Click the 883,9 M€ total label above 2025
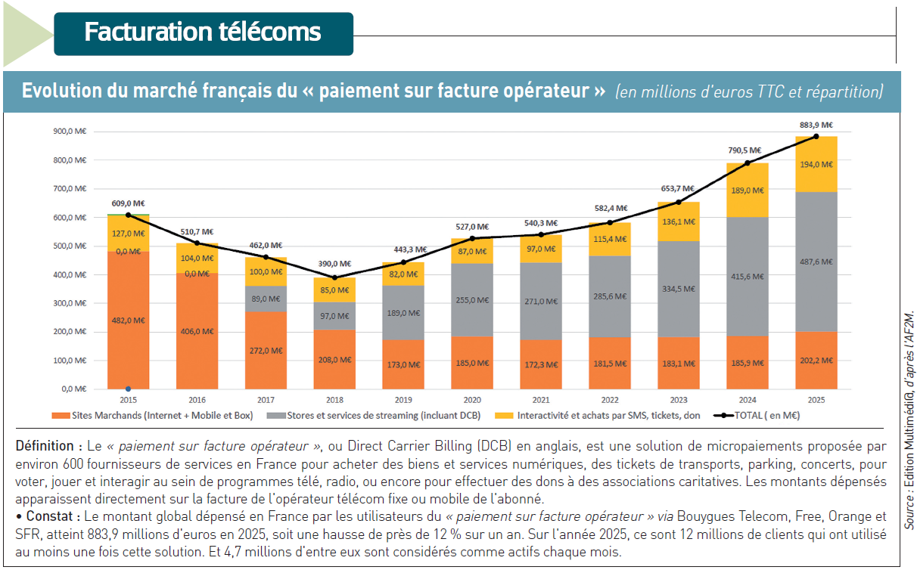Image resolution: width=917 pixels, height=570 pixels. click(x=816, y=125)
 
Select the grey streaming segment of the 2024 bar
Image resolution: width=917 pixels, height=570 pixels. click(x=747, y=277)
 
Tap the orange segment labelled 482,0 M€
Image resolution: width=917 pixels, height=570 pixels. click(x=128, y=321)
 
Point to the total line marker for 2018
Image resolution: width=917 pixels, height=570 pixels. click(x=334, y=277)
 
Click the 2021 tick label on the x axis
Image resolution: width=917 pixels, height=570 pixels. click(x=541, y=400)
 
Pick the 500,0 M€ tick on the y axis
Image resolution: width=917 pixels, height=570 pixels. click(x=70, y=246)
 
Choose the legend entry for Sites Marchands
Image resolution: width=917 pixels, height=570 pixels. click(x=152, y=416)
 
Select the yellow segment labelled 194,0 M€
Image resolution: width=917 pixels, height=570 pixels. click(x=816, y=164)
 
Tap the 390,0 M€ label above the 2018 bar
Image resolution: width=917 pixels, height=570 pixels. click(x=334, y=264)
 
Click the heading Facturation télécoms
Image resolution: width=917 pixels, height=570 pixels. click(x=203, y=32)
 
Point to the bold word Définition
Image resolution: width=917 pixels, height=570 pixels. click(x=45, y=446)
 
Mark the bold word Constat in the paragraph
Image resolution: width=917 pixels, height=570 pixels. click(x=49, y=516)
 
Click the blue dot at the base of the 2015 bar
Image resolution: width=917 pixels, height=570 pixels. click(x=128, y=389)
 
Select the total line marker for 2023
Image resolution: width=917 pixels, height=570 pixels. click(x=679, y=202)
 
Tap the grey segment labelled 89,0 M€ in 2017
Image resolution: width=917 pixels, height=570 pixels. click(x=266, y=299)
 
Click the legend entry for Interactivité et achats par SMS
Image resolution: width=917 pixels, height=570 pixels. click(x=597, y=416)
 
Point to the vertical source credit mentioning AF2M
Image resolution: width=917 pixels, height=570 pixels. click(x=909, y=420)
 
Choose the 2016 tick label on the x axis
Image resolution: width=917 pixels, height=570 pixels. click(x=197, y=400)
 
